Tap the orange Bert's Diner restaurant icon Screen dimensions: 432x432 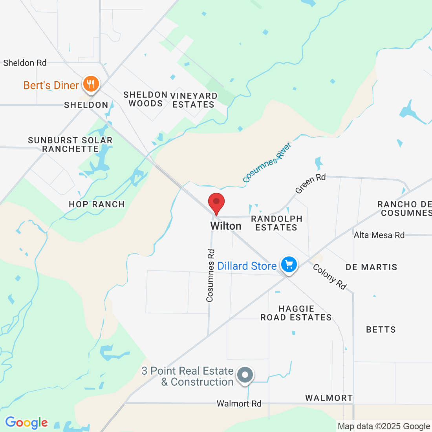[x=91, y=84]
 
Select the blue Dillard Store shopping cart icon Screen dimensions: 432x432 [x=289, y=265]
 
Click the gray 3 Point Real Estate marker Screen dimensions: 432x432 [x=245, y=375]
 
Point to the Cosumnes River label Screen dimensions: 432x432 [x=267, y=163]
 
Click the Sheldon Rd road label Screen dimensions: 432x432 [x=25, y=63]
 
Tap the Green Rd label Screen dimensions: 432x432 [x=311, y=183]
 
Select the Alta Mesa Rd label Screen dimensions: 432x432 [x=379, y=235]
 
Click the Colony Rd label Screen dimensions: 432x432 [x=329, y=276]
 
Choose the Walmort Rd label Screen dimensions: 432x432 [x=239, y=404]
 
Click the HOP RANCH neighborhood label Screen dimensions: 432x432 [x=97, y=204]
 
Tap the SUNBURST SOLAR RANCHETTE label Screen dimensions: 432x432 [x=70, y=145]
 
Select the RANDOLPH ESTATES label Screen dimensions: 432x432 [x=276, y=223]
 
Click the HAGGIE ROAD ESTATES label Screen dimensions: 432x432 [x=296, y=313]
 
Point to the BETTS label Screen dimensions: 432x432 [x=381, y=329]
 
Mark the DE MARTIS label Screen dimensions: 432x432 [x=371, y=267]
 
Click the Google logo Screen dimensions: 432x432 [x=26, y=423]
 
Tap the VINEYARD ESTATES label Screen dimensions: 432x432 [x=194, y=100]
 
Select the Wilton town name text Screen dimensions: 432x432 [x=226, y=226]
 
